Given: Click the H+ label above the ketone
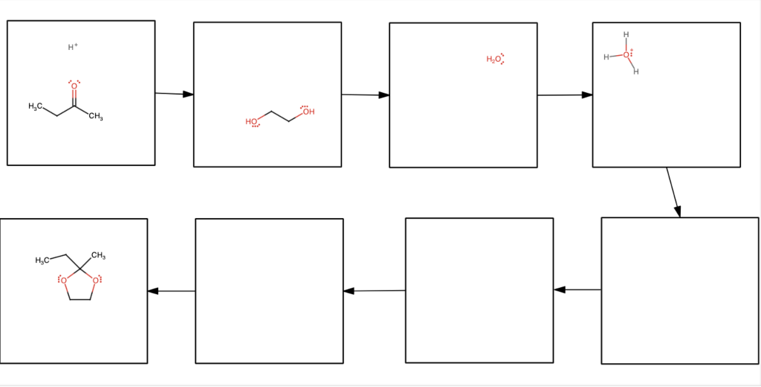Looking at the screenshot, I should coord(73,48).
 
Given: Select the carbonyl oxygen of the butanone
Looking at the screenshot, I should coord(74,86).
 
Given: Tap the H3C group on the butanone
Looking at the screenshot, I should coord(35,107).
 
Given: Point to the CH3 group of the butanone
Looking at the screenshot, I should coord(96,117).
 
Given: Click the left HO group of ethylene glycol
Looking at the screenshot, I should coord(252,121).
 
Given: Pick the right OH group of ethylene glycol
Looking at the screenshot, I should coord(308,112).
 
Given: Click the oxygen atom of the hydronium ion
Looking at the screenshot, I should coord(626,55).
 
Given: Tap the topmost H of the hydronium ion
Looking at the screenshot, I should coord(626,34).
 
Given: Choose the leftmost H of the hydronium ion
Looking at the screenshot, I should coord(606,57).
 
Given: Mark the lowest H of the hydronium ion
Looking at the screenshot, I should coord(636,72).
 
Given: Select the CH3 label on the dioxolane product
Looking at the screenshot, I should coord(98,257).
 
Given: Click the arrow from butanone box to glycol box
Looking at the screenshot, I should coord(174,94).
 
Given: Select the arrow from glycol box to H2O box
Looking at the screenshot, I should coord(365,95).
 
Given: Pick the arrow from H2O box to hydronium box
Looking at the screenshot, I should coord(565,95).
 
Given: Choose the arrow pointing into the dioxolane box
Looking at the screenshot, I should coord(171,291).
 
